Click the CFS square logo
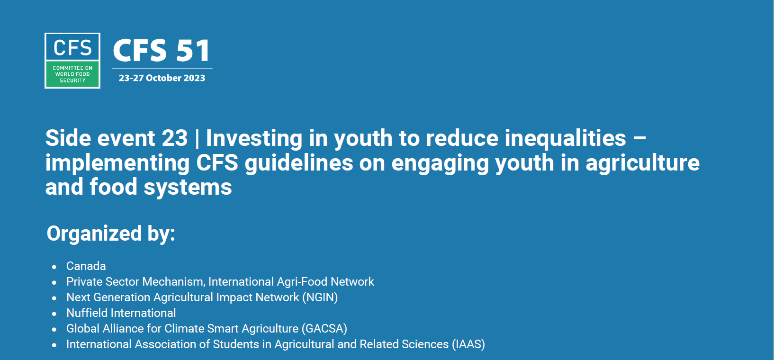[72, 61]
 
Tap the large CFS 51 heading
[162, 50]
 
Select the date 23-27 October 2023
[162, 78]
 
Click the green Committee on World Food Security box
[72, 74]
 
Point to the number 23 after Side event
[174, 138]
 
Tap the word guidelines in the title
[299, 163]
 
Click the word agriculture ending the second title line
[643, 163]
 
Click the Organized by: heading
[111, 234]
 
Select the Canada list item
[86, 266]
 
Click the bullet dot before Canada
[54, 267]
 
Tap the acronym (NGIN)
[320, 297]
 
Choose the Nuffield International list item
[121, 313]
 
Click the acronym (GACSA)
[324, 329]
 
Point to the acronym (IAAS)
[468, 344]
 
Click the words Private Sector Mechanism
[136, 282]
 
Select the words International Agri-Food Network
[291, 282]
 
